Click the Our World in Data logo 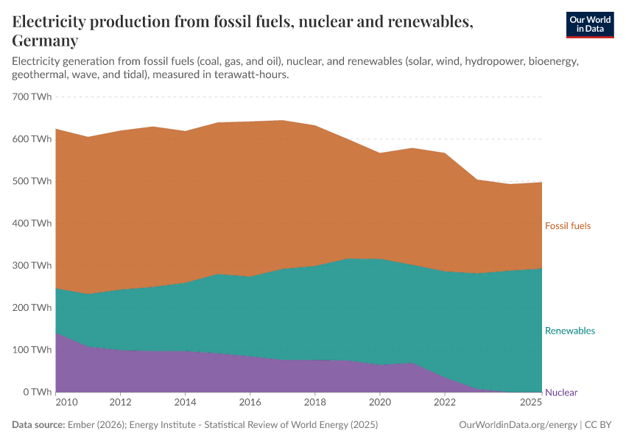coord(589,25)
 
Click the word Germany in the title coord(44,41)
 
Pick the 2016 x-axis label coord(250,403)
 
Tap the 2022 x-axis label coord(445,403)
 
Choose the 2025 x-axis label coord(531,403)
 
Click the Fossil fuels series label coord(568,225)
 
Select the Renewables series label coord(569,331)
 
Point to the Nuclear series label coord(561,393)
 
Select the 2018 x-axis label coord(315,403)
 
